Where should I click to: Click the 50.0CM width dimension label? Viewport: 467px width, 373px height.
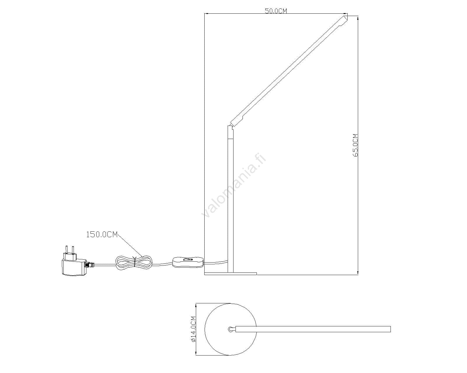(x=276, y=11)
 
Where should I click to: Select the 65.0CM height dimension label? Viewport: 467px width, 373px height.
(x=355, y=145)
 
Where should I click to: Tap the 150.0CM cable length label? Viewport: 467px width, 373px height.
(x=102, y=235)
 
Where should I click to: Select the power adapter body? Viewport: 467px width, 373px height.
(x=74, y=267)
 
